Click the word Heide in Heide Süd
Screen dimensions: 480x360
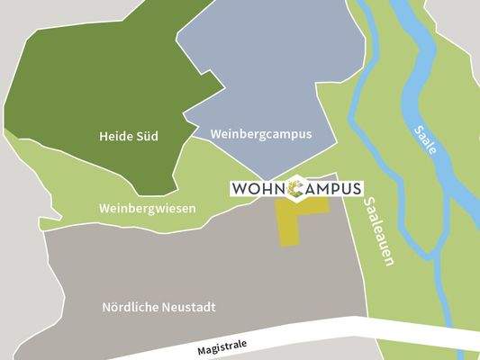pyautogui.click(x=116, y=138)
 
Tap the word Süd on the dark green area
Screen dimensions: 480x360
pyautogui.click(x=146, y=138)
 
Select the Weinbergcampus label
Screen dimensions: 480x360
pyautogui.click(x=260, y=134)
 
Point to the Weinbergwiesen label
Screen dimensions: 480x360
pyautogui.click(x=148, y=208)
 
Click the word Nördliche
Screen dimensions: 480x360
pyautogui.click(x=132, y=307)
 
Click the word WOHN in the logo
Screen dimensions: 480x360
pyautogui.click(x=260, y=190)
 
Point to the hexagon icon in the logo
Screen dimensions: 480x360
pyautogui.click(x=298, y=189)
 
